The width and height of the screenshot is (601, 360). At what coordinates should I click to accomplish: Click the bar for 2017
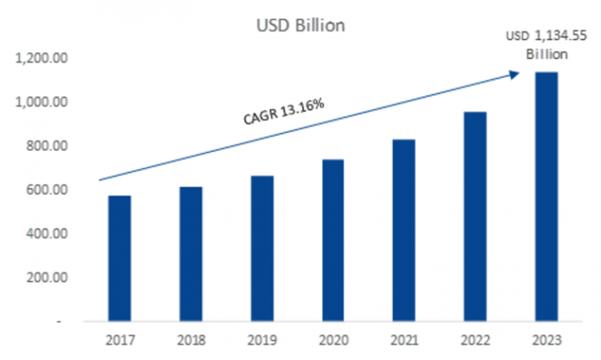(120, 258)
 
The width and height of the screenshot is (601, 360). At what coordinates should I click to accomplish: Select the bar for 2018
(191, 254)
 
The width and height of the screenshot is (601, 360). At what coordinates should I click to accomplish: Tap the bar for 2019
(262, 249)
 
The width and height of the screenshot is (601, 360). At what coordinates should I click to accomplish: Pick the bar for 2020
(333, 240)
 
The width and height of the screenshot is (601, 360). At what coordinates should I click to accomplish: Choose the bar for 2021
(405, 230)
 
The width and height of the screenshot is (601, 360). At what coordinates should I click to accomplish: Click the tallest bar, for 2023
(547, 196)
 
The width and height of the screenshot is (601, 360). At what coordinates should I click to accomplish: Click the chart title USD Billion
(301, 26)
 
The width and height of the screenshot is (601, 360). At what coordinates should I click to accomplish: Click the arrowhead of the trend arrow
(515, 74)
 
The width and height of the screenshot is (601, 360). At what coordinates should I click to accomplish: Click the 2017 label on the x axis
(120, 341)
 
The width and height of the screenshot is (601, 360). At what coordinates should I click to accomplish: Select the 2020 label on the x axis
(333, 341)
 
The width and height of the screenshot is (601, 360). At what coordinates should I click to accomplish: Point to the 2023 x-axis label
(547, 341)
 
